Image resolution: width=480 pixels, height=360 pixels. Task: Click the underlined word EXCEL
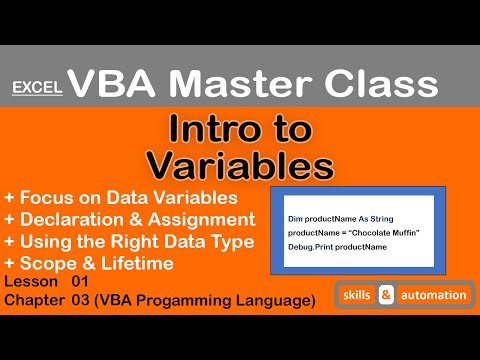coord(38,88)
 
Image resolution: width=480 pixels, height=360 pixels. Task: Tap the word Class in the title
coord(390,79)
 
